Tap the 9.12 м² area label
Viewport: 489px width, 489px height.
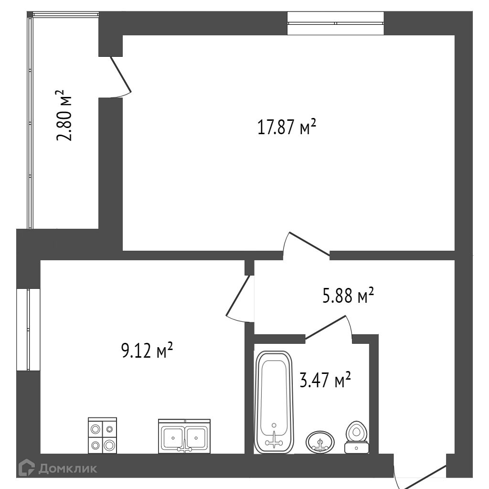(x=147, y=351)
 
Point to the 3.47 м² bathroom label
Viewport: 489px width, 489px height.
(x=325, y=380)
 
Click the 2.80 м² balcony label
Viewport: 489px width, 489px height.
(x=64, y=116)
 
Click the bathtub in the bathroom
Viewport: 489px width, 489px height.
(x=274, y=402)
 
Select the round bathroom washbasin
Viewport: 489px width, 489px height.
(x=320, y=442)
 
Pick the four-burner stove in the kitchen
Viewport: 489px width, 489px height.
(x=102, y=436)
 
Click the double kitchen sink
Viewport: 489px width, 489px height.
(x=184, y=436)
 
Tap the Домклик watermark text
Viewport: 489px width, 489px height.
(x=68, y=468)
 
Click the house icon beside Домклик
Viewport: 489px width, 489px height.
(x=27, y=468)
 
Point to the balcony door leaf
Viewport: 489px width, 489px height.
(x=121, y=74)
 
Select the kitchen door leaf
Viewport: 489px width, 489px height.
(x=238, y=295)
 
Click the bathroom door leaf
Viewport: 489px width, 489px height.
(x=325, y=327)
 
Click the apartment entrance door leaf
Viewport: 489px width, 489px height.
(x=422, y=477)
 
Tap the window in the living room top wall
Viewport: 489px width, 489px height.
(x=336, y=23)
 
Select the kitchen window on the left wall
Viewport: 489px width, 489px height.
(x=28, y=330)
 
